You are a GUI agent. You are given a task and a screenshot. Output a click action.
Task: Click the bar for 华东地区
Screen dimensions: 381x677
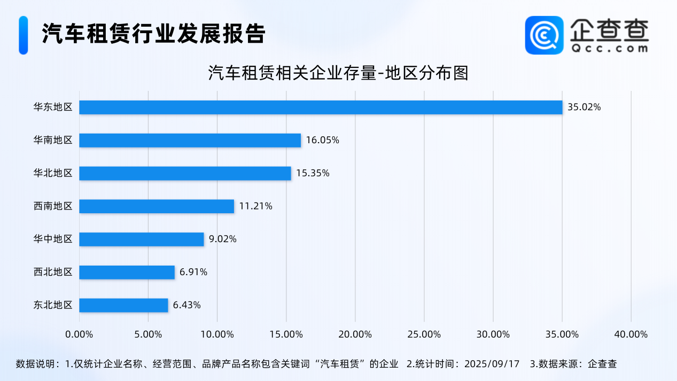pyautogui.click(x=321, y=107)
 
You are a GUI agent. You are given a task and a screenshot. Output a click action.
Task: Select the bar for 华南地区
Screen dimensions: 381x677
pyautogui.click(x=190, y=141)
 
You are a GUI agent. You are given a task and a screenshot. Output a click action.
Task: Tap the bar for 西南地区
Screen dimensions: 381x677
pyautogui.click(x=157, y=206)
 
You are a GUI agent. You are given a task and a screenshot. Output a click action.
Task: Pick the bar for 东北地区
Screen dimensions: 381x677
pyautogui.click(x=123, y=305)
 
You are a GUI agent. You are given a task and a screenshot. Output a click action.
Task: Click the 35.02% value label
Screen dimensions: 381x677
pyautogui.click(x=584, y=107)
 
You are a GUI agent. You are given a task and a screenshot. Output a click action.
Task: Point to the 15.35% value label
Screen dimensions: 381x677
pyautogui.click(x=313, y=173)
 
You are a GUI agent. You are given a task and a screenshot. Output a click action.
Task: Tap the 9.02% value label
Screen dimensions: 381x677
pyautogui.click(x=223, y=239)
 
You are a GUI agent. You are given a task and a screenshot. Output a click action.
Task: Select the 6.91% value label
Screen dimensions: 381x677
pyautogui.click(x=193, y=272)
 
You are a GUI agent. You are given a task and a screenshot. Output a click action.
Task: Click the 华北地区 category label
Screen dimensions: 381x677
pyautogui.click(x=52, y=173)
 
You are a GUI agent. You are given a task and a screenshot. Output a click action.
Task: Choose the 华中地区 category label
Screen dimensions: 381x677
pyautogui.click(x=52, y=239)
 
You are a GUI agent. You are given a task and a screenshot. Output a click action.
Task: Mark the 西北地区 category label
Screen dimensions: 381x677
pyautogui.click(x=52, y=272)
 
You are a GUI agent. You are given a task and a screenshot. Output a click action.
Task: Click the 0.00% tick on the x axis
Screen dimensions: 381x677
pyautogui.click(x=79, y=335)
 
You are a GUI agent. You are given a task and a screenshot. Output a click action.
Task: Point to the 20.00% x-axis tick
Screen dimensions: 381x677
pyautogui.click(x=355, y=335)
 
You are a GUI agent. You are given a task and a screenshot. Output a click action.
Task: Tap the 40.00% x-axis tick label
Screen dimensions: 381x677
pyautogui.click(x=631, y=335)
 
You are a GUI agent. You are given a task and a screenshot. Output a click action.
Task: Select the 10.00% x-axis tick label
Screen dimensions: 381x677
pyautogui.click(x=217, y=335)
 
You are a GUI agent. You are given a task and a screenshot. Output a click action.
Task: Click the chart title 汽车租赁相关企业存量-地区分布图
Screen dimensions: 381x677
pyautogui.click(x=338, y=73)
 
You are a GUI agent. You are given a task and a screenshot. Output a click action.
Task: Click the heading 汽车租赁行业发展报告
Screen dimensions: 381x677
pyautogui.click(x=153, y=34)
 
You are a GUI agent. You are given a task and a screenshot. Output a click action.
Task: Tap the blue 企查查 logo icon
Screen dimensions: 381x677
pyautogui.click(x=544, y=35)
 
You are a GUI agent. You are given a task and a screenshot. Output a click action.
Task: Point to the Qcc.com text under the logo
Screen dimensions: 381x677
pyautogui.click(x=609, y=48)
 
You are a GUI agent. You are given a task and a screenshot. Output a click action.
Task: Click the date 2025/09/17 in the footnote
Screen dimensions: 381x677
pyautogui.click(x=492, y=364)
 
